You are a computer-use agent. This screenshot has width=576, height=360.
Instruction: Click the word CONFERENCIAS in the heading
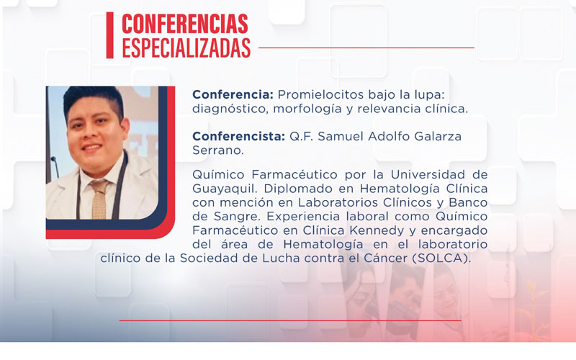tap(185, 23)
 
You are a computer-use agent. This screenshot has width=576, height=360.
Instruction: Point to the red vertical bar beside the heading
tap(109, 35)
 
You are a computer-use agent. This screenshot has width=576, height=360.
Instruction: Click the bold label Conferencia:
tap(232, 95)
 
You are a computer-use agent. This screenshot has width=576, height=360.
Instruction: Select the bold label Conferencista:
tap(238, 136)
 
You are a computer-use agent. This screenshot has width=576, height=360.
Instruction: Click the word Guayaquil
tap(224, 189)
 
